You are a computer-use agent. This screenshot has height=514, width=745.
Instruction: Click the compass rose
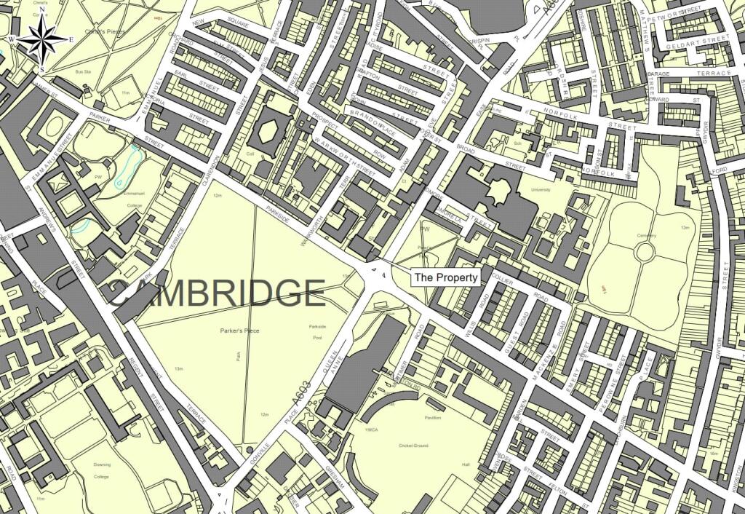[41, 40]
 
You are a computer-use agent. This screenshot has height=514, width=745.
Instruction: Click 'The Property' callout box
[447, 277]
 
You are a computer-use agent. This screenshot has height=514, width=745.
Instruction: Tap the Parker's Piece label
[240, 331]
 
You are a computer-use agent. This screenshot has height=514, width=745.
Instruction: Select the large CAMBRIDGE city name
[217, 293]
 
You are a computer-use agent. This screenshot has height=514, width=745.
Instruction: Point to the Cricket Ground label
[415, 446]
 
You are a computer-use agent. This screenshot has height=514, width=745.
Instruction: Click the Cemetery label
[648, 235]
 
